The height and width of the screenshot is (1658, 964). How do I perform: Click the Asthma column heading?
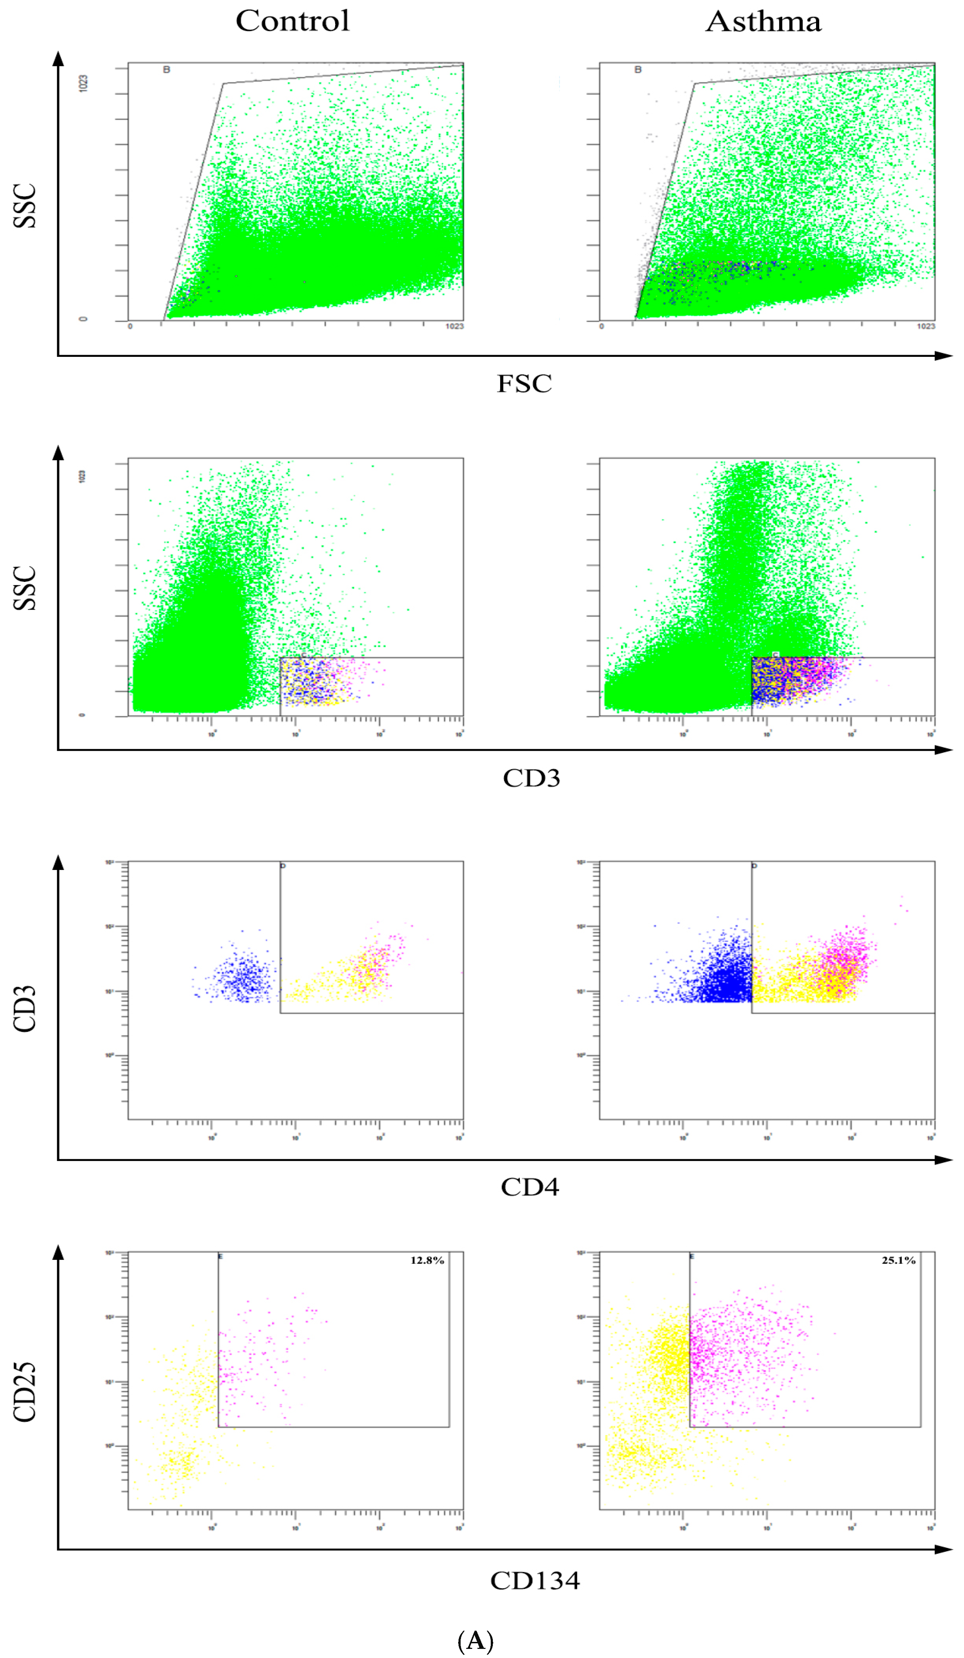tap(763, 22)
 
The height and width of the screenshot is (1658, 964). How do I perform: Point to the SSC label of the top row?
tap(25, 206)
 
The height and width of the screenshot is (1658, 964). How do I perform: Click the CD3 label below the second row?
tap(531, 778)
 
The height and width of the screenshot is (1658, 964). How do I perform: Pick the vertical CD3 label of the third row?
tap(25, 1008)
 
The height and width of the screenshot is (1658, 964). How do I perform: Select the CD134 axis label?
tap(535, 1581)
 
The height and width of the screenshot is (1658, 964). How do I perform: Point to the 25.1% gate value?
tap(898, 1260)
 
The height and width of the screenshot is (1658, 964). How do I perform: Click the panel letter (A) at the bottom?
tap(475, 1641)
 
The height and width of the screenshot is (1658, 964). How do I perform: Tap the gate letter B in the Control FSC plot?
tap(167, 70)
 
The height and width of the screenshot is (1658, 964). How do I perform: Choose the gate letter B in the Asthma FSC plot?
tap(638, 70)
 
